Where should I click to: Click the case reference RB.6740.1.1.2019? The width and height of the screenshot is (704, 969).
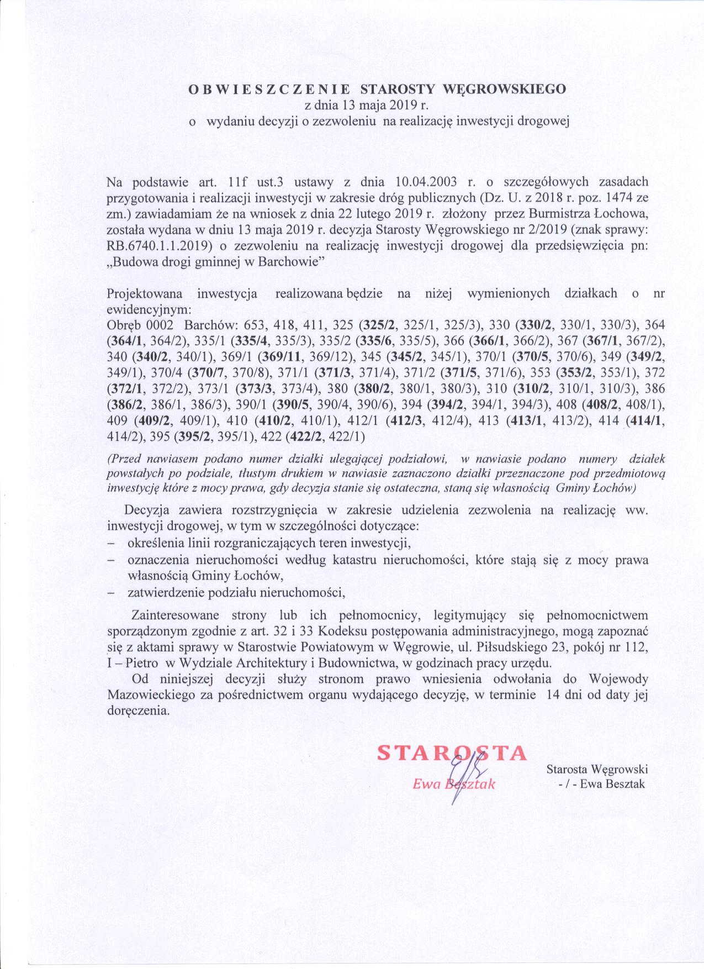tap(159, 247)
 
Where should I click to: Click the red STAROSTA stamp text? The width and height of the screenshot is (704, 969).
tap(451, 754)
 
